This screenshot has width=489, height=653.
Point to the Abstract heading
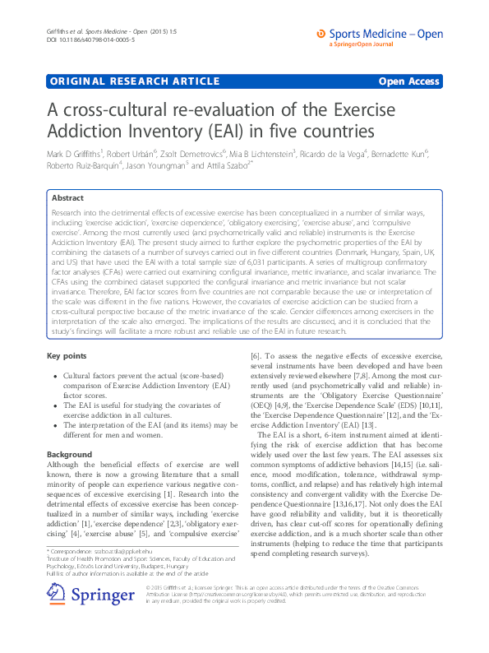click(x=67, y=198)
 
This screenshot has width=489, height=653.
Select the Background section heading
click(x=70, y=454)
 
